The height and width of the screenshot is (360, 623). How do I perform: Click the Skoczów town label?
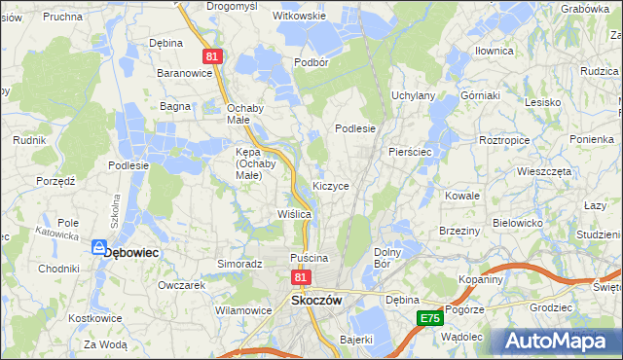[x=316, y=301]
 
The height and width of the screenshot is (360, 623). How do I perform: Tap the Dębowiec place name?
[x=131, y=251]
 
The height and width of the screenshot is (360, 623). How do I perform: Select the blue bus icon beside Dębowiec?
[x=97, y=249]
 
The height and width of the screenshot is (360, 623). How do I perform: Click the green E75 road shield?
[x=430, y=318]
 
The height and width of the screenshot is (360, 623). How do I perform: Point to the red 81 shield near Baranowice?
[x=214, y=58]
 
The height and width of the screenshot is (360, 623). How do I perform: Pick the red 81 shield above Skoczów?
[x=301, y=278]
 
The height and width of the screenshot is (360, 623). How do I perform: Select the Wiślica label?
[x=293, y=213]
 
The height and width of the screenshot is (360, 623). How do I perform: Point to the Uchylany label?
[x=413, y=95]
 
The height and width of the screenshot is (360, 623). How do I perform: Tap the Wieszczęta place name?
[x=544, y=170]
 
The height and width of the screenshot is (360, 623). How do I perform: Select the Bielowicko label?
[x=517, y=222]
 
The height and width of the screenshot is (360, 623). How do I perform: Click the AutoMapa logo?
[x=558, y=340]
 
